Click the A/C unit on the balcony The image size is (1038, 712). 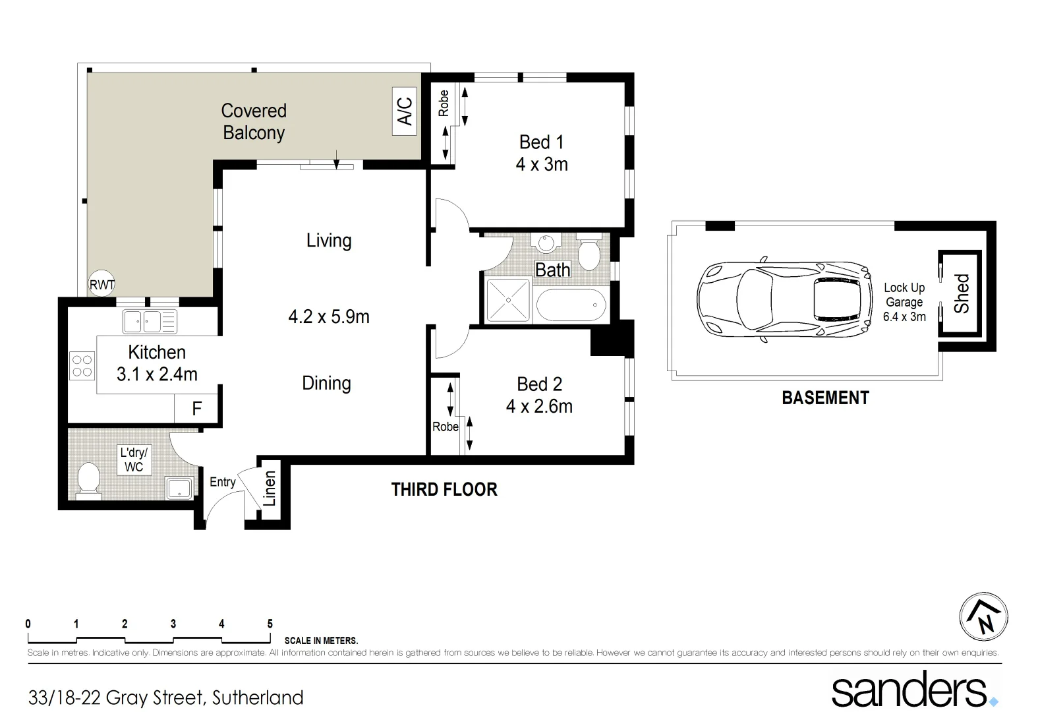[405, 111]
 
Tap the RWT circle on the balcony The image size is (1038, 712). [101, 284]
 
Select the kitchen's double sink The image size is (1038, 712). [150, 322]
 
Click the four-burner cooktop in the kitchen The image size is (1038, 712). [82, 366]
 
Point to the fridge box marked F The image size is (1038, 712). [196, 409]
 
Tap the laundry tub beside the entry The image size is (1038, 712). [179, 488]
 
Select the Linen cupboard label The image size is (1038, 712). [270, 489]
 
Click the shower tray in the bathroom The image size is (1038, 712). [507, 300]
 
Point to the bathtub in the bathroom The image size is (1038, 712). [571, 306]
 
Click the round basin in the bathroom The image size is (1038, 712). [546, 243]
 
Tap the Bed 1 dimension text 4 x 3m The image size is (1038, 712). [542, 164]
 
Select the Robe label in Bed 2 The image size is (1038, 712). [445, 427]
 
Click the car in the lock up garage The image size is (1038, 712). [782, 299]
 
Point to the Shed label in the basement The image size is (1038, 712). [962, 294]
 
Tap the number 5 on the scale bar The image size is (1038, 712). [270, 624]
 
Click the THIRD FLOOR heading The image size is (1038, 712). [444, 489]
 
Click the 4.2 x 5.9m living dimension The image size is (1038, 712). [329, 316]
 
